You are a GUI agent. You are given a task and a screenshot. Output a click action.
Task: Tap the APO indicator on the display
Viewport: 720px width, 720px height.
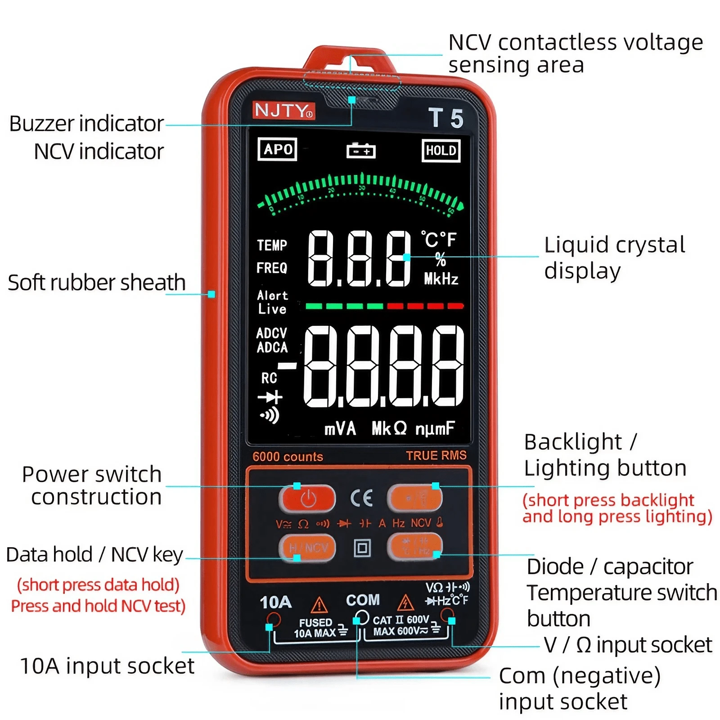[277, 149]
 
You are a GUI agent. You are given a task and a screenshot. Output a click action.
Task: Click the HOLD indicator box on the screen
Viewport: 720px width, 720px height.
[441, 151]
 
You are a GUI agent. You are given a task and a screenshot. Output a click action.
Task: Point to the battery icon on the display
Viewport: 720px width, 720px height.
[361, 151]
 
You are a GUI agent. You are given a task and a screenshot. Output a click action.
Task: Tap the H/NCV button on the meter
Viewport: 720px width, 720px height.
[308, 548]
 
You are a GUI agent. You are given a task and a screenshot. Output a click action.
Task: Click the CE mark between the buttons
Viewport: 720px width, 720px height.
[361, 498]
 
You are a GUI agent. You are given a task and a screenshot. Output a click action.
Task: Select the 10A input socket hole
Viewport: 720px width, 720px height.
[274, 620]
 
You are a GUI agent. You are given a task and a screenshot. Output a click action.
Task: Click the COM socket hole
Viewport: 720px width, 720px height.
[362, 617]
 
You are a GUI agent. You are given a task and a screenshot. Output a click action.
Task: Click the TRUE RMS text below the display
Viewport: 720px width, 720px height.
[436, 456]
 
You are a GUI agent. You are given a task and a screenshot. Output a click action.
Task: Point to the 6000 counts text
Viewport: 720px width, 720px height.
[288, 457]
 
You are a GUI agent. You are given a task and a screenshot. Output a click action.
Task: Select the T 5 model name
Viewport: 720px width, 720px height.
[445, 118]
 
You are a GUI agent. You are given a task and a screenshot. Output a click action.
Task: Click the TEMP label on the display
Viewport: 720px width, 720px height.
[272, 245]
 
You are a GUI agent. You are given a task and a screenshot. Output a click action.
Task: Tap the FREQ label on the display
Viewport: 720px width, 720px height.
[272, 268]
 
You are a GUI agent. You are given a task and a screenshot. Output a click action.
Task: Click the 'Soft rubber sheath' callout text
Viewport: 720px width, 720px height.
[97, 283]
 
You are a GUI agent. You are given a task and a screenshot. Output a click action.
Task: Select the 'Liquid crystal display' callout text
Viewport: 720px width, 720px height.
[614, 257]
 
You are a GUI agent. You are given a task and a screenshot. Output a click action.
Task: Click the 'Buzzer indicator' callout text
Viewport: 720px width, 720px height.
[86, 124]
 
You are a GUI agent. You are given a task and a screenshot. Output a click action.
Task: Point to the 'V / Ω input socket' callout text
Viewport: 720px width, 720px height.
[628, 645]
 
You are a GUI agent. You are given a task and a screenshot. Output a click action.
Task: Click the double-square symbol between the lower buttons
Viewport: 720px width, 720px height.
[362, 548]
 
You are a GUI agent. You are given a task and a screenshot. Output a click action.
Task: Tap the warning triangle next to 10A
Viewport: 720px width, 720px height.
[319, 604]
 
